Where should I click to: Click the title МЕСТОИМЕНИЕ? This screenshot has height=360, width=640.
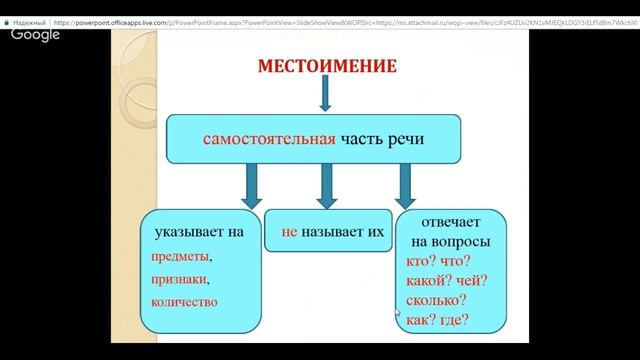pyautogui.click(x=328, y=67)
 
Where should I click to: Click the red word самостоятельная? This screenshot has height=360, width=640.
pyautogui.click(x=268, y=140)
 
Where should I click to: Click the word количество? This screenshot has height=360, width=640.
pyautogui.click(x=187, y=301)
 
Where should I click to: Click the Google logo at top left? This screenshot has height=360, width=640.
pyautogui.click(x=35, y=34)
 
